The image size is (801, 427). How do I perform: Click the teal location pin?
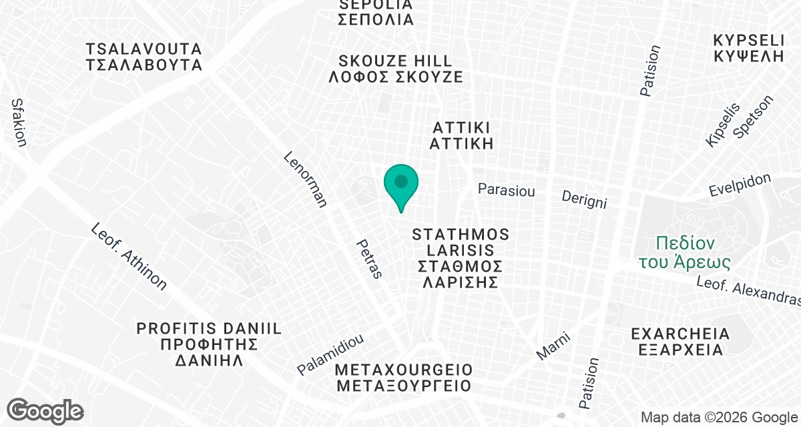pos(401,184)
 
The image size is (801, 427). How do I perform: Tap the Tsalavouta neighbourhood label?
pos(144,57)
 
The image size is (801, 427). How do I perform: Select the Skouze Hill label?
pos(396,69)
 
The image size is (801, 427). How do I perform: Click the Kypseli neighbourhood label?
pos(748,47)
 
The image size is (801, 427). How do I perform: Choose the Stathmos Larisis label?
pos(461,258)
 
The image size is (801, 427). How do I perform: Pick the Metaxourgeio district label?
pos(405,378)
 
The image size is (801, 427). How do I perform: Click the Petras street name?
pos(369,259)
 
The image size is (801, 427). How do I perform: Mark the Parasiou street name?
pos(507,190)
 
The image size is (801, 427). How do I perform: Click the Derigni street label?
pos(584,198)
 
